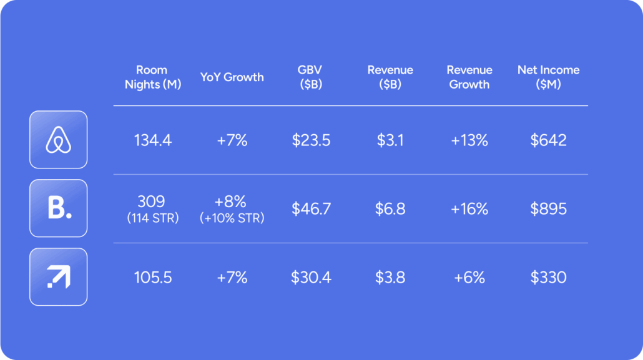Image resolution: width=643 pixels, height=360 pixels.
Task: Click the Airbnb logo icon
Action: click(x=59, y=140)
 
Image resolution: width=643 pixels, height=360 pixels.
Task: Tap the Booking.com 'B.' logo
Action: click(x=59, y=208)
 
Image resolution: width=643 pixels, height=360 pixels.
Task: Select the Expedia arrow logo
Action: click(x=59, y=277)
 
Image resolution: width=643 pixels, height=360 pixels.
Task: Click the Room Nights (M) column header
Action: click(x=153, y=77)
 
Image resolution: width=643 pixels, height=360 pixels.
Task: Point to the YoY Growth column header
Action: click(x=232, y=77)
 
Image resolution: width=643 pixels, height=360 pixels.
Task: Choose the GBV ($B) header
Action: click(x=310, y=77)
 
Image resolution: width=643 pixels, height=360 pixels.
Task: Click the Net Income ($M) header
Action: click(x=548, y=77)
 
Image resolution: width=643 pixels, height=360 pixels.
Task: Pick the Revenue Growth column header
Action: click(x=469, y=77)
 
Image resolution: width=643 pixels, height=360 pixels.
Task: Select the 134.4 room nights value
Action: click(x=153, y=140)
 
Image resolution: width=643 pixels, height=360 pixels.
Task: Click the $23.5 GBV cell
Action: click(x=311, y=140)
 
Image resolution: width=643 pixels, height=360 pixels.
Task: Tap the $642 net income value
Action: click(x=548, y=140)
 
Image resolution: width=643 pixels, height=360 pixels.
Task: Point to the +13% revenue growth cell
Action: click(x=469, y=140)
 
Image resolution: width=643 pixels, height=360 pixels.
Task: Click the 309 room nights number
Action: click(x=152, y=202)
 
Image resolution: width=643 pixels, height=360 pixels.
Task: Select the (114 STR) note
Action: click(x=153, y=217)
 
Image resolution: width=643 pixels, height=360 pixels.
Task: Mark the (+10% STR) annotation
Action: click(x=232, y=218)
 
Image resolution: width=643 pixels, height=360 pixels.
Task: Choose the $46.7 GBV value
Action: click(x=311, y=209)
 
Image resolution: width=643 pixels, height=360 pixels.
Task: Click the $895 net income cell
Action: click(x=548, y=209)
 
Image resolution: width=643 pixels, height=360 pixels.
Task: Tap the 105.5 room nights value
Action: click(x=153, y=278)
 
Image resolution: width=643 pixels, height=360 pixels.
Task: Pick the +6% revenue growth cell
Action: click(x=469, y=278)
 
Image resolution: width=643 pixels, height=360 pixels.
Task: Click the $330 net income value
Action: click(x=548, y=278)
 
